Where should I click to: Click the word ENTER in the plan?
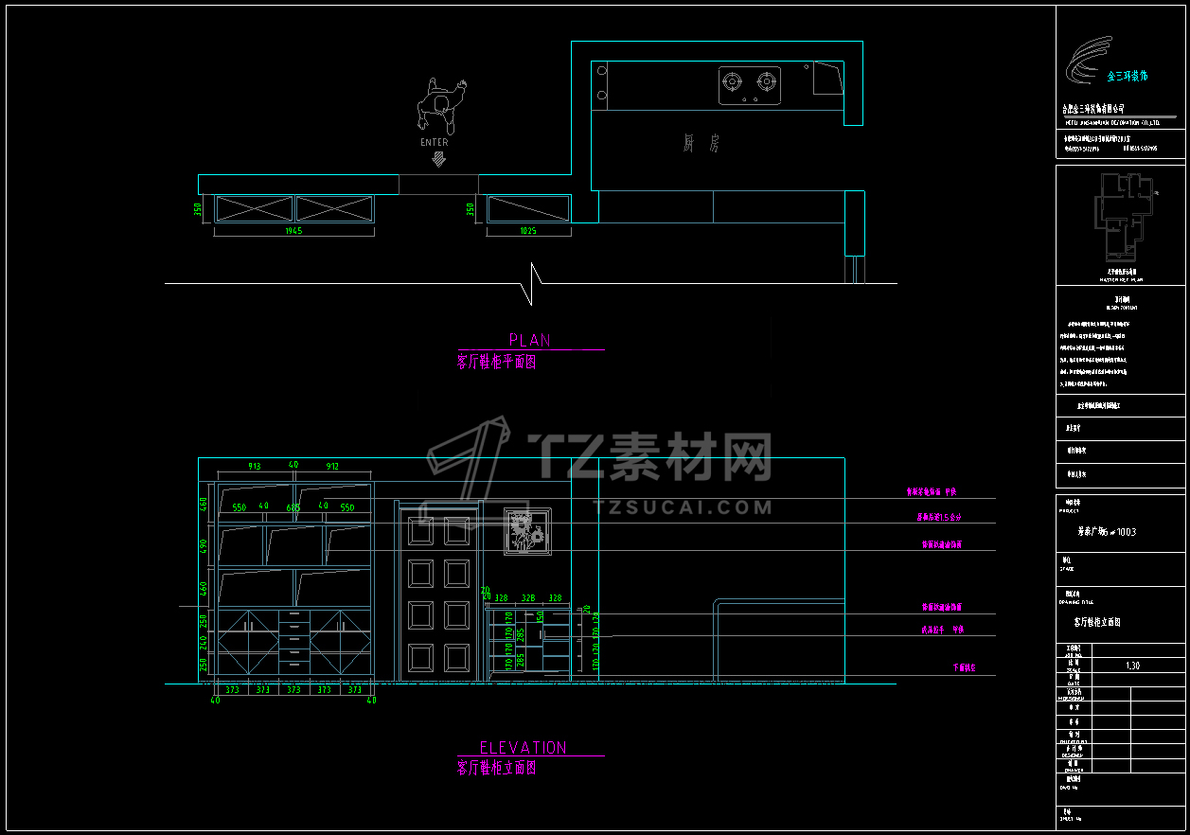pos(435,143)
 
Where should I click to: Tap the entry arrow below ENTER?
pos(437,159)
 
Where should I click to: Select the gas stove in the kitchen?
pos(750,84)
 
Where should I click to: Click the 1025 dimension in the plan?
pos(528,231)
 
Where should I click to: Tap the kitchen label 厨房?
pos(702,144)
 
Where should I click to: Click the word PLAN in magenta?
pos(529,340)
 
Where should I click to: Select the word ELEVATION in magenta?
pos(523,748)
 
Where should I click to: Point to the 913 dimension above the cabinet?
pos(255,466)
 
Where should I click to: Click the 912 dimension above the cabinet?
pos(332,466)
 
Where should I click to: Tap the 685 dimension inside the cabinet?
pos(293,507)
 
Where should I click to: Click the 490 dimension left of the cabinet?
pos(203,546)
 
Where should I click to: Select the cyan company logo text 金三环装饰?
pos(1128,75)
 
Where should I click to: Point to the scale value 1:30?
pos(1132,666)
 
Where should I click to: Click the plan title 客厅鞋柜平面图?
pos(497,362)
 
